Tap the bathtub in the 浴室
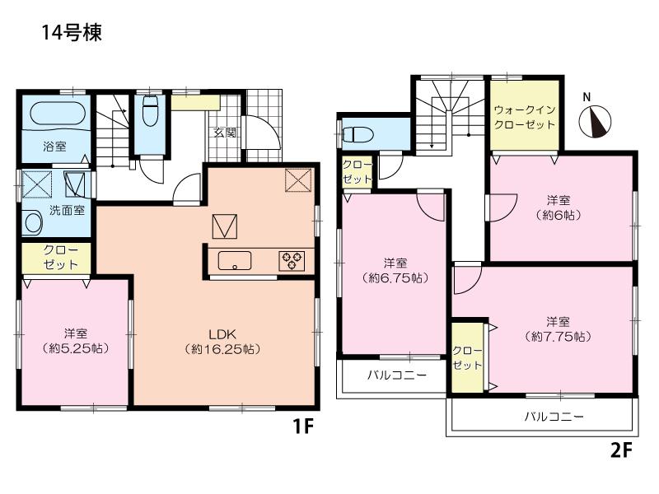click(53, 114)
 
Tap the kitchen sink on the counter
click(235, 262)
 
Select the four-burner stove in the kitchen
click(292, 261)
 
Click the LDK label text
click(222, 333)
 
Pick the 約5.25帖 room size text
click(76, 348)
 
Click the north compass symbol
click(596, 122)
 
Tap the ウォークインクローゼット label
click(524, 116)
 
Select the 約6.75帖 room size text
click(395, 278)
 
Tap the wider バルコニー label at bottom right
click(554, 417)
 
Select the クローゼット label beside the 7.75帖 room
click(467, 357)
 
